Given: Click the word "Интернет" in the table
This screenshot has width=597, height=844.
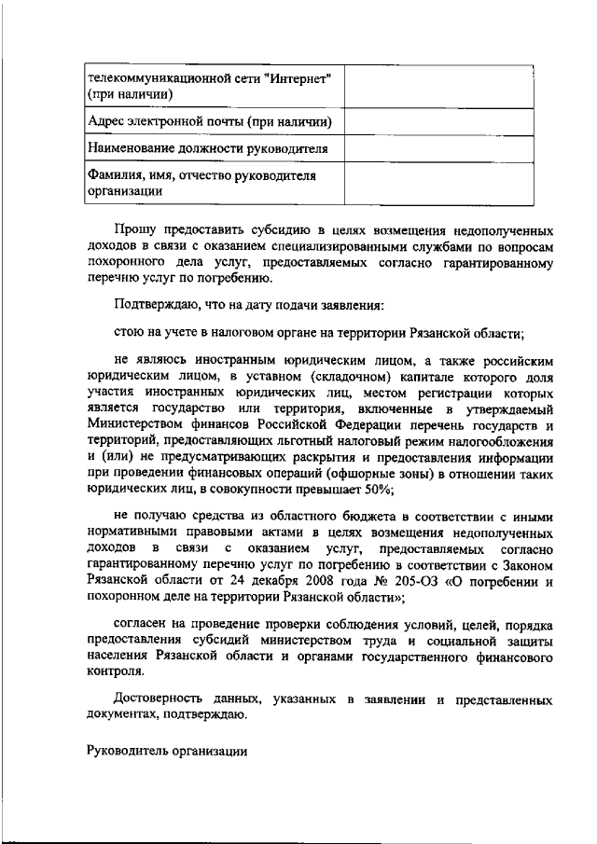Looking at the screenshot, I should [x=300, y=77].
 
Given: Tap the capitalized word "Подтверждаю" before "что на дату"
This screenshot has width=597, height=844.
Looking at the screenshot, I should [x=154, y=305].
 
